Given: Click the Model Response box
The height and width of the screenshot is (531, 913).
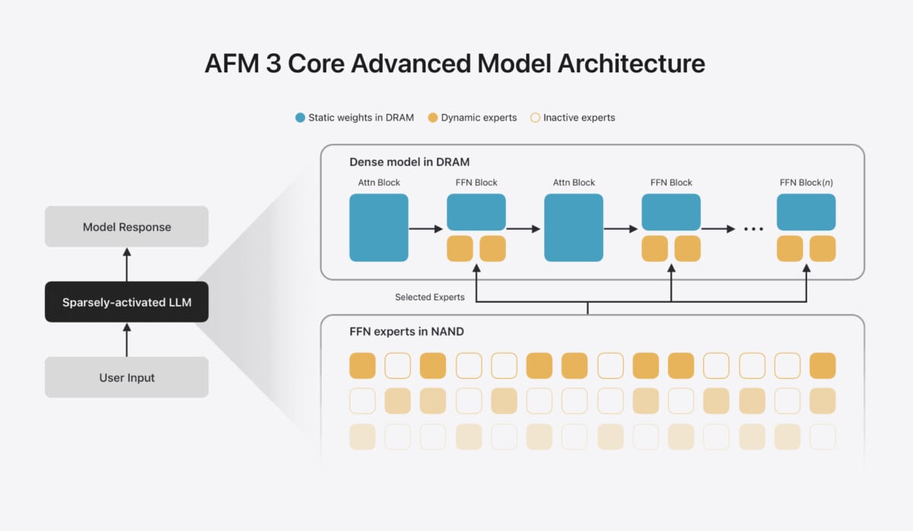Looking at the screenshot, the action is tap(127, 227).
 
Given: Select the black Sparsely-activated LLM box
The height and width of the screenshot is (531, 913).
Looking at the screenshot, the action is tap(127, 302).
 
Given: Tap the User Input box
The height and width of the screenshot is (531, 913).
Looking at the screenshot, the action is tap(127, 377).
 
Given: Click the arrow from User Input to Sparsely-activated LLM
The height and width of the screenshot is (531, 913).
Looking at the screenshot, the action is tap(127, 340).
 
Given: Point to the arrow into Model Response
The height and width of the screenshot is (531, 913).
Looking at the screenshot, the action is tap(127, 265).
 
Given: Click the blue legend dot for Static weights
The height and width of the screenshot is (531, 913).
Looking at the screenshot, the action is tap(300, 118).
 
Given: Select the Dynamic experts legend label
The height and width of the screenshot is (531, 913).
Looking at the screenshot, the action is tap(479, 118).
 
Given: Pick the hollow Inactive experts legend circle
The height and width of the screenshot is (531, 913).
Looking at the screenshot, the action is tap(535, 118).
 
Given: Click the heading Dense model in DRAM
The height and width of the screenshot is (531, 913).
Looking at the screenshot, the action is tap(409, 162).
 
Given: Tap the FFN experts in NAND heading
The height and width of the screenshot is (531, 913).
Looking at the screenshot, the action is tap(406, 332).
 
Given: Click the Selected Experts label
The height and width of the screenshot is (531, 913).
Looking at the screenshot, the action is tap(430, 297).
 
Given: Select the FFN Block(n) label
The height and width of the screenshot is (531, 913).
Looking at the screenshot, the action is tap(806, 183).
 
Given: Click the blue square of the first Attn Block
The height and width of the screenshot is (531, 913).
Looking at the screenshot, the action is tap(379, 227).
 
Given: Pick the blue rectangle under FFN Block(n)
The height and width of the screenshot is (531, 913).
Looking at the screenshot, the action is tap(806, 212).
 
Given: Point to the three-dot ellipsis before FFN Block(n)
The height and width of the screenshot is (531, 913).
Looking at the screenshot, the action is tap(754, 229).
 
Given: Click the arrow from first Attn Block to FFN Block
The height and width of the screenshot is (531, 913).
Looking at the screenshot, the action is tap(426, 229).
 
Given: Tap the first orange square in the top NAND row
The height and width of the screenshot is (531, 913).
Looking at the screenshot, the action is tap(362, 366).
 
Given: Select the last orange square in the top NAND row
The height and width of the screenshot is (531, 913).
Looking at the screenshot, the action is tap(822, 366).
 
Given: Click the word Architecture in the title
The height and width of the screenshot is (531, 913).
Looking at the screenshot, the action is tap(631, 64).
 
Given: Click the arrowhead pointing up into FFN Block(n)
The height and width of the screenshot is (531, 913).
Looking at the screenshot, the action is tap(806, 268).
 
